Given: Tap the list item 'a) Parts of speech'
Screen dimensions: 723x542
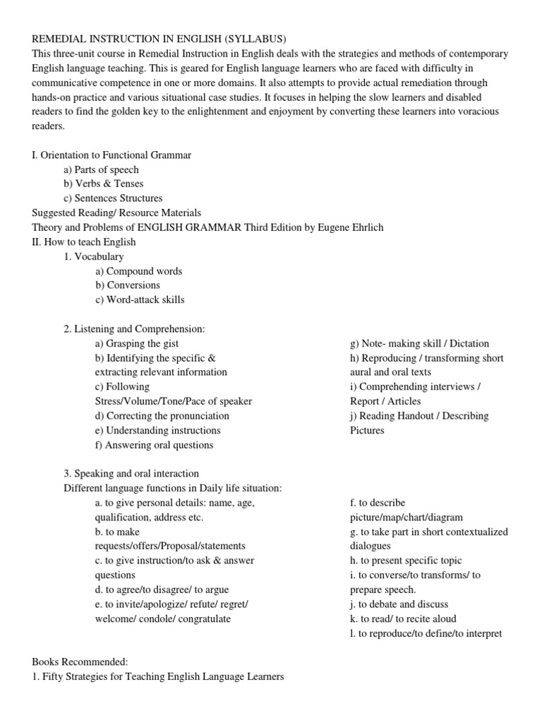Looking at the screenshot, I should [101, 169].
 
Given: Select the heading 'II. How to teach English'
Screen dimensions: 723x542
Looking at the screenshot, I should [84, 242].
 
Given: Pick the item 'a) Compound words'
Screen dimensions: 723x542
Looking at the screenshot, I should [138, 271].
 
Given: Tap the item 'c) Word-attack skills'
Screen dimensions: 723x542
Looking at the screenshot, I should [140, 300].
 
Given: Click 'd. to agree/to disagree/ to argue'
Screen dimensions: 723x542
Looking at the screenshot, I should [162, 590].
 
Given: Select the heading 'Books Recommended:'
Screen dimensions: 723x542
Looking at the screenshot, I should [80, 662].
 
